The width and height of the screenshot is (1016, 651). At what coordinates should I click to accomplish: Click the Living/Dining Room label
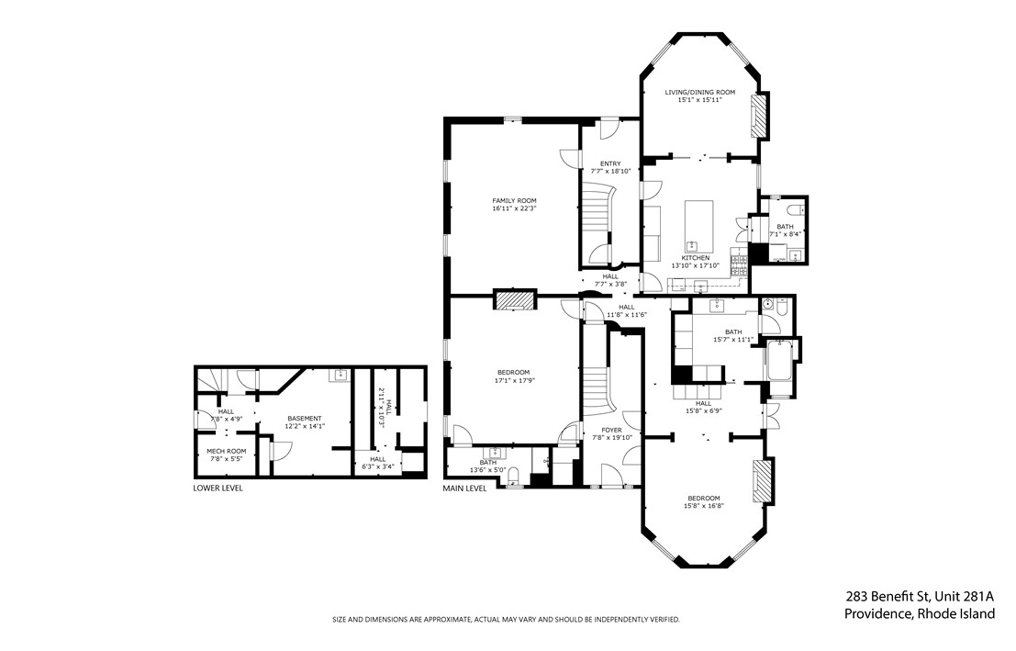tap(699, 92)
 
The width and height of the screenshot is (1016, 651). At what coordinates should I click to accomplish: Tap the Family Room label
tap(514, 201)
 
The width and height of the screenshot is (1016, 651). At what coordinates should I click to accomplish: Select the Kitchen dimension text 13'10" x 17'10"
tap(695, 266)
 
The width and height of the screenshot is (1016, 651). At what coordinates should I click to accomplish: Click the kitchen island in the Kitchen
tap(699, 225)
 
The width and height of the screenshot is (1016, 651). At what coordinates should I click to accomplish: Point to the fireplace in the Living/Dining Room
tap(758, 117)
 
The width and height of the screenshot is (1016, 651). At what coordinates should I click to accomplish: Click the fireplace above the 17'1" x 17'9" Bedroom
tap(515, 300)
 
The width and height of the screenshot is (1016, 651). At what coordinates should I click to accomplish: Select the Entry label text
tap(610, 164)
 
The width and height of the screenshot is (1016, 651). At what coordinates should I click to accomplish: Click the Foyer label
tap(611, 430)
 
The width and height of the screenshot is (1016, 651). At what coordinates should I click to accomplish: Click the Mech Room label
tap(226, 451)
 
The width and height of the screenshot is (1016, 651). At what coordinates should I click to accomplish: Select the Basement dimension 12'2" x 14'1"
tap(305, 427)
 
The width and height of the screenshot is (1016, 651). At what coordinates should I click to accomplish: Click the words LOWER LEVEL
tap(218, 488)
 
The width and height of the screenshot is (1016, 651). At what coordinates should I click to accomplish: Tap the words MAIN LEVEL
tap(464, 488)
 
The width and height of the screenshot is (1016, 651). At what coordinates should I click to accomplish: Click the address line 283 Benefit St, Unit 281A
tap(920, 597)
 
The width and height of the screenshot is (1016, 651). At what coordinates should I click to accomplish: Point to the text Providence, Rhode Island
tap(920, 614)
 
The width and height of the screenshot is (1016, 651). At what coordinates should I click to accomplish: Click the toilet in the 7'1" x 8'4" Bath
tap(795, 210)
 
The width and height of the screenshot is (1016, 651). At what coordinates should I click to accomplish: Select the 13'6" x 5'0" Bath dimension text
tap(488, 470)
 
